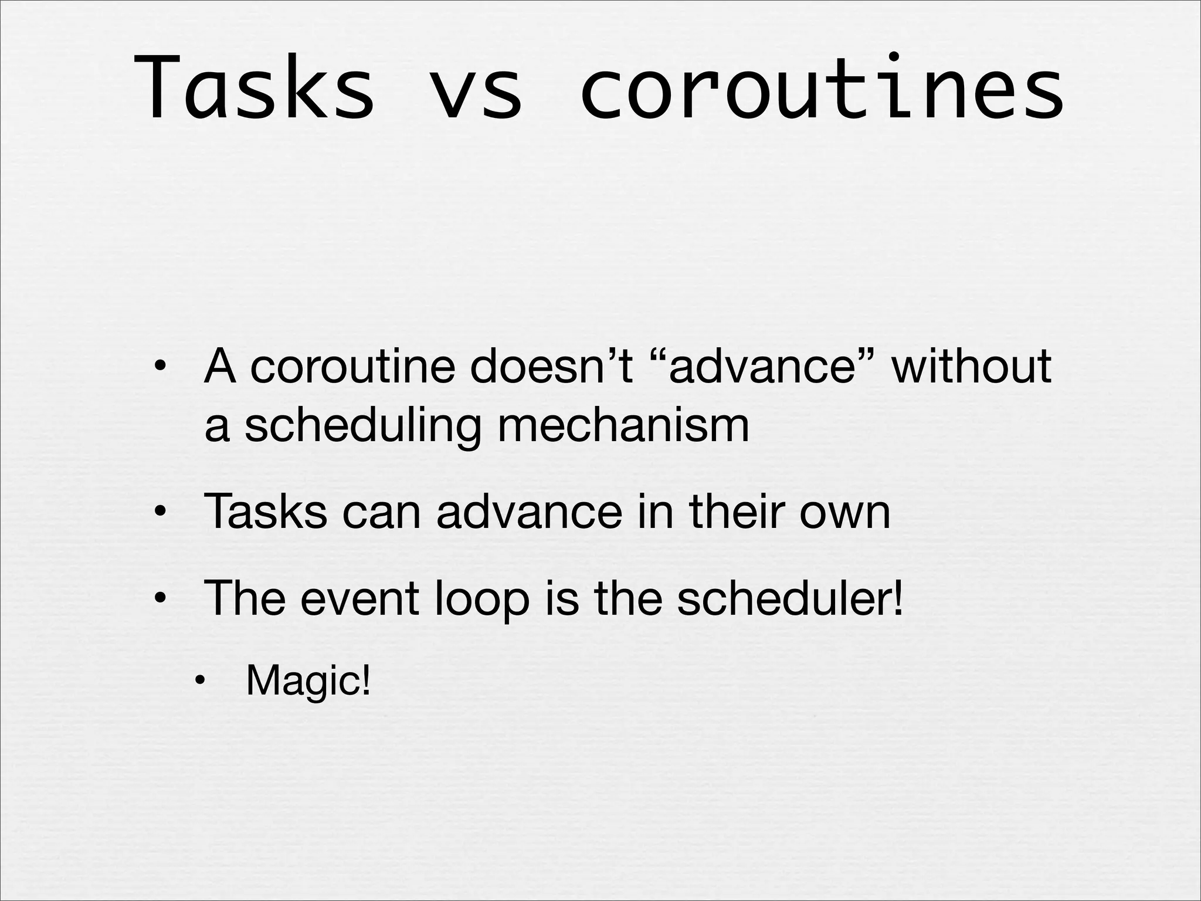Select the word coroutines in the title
click(x=822, y=88)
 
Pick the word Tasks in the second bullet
click(x=265, y=512)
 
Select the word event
click(x=360, y=598)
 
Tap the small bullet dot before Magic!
click(x=200, y=682)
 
